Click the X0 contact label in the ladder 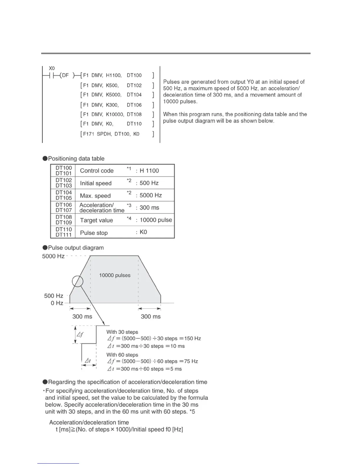(51, 68)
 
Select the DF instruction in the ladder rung (65, 75)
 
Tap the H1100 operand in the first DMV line (114, 75)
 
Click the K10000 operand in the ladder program (115, 114)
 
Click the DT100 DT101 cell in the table (64, 171)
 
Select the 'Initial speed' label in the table (96, 183)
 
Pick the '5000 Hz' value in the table (151, 195)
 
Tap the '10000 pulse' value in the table (156, 220)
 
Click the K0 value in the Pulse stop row (143, 232)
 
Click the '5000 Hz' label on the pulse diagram (53, 256)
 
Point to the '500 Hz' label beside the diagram (54, 296)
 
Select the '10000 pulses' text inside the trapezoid (115, 275)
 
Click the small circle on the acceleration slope (78, 282)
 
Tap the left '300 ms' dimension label (82, 317)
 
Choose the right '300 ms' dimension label (151, 317)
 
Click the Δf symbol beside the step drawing (80, 334)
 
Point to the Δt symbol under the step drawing (87, 361)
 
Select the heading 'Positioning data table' (76, 159)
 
